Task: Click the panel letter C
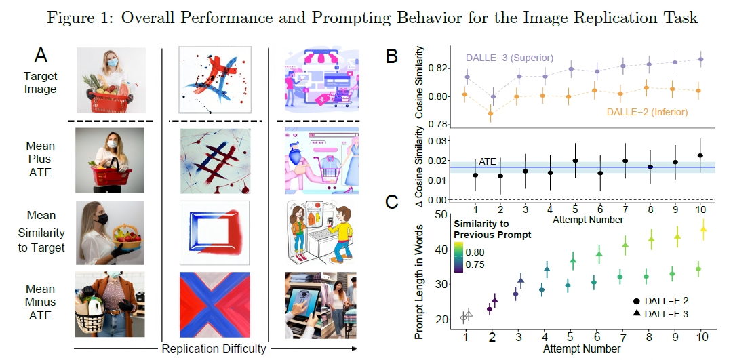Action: pyautogui.click(x=393, y=201)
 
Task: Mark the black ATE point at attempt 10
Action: pyautogui.click(x=700, y=155)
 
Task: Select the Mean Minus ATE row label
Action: pyautogui.click(x=41, y=302)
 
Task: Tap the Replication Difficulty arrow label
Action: pyautogui.click(x=214, y=348)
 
